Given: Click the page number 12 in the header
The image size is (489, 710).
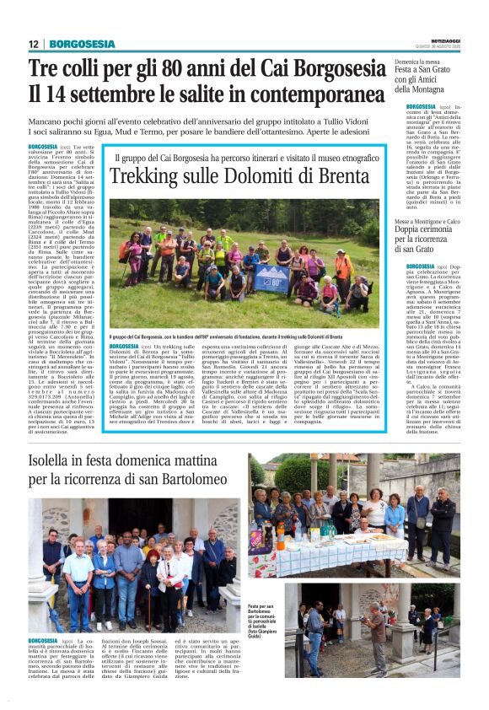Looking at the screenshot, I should [34, 44].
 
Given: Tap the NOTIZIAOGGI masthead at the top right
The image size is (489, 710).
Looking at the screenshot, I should [438, 39].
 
